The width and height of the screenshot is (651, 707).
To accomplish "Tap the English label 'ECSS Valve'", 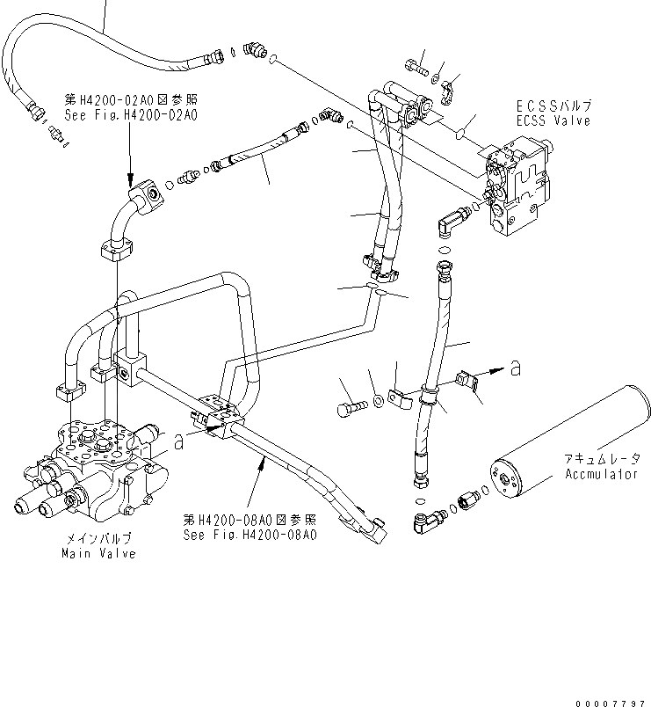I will point(553,120).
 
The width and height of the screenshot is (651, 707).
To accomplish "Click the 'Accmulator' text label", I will point(601,474).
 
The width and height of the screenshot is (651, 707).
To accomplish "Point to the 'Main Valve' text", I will point(98,554).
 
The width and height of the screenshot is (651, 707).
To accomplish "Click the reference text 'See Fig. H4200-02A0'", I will point(130,114).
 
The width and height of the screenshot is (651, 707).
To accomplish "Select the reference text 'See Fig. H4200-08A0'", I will point(250,534).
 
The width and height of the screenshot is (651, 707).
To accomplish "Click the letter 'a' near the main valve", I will point(178,442).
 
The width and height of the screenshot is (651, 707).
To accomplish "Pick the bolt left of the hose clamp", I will point(350,406).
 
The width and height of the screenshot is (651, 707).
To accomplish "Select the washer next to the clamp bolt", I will point(377,402).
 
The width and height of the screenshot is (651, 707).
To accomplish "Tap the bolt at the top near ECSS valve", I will point(416,63).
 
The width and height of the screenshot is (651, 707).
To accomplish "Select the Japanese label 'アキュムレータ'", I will point(603,459).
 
